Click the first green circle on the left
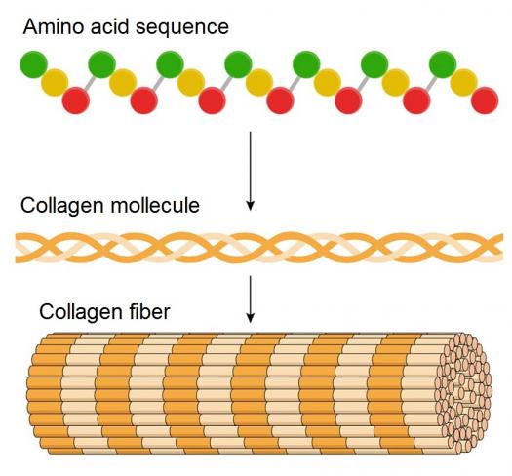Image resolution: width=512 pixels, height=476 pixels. (x=34, y=64)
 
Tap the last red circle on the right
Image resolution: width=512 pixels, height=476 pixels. (x=485, y=100)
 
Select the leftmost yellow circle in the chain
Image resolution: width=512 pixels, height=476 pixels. (x=55, y=82)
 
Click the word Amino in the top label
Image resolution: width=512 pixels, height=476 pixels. (x=54, y=26)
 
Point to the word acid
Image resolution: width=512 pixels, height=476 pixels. (x=110, y=26)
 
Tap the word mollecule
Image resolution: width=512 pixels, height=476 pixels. (x=155, y=205)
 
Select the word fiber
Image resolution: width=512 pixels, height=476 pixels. (x=146, y=312)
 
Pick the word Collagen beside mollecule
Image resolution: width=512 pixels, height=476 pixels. (x=62, y=207)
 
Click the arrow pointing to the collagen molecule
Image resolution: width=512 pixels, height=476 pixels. (x=250, y=171)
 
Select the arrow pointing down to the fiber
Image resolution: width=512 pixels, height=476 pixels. (x=250, y=298)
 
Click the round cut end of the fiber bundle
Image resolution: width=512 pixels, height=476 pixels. (x=465, y=392)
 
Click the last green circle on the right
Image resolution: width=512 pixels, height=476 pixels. (x=443, y=64)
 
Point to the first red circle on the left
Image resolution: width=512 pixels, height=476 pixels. (x=76, y=100)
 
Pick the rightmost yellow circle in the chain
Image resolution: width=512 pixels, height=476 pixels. (x=463, y=82)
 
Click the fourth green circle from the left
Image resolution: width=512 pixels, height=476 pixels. (x=238, y=64)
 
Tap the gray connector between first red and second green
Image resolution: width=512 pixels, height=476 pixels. (x=90, y=83)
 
